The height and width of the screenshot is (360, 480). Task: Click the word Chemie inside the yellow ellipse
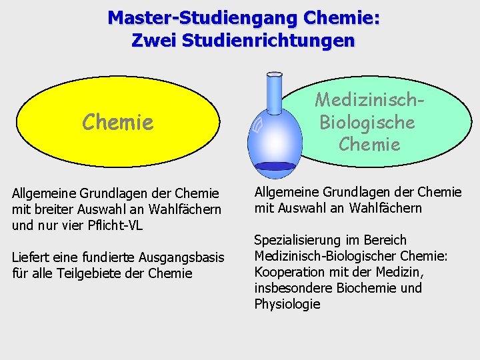pos(117,122)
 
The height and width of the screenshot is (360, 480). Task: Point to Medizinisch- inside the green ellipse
pos(370,100)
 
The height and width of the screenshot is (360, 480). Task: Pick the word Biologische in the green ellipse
pos(367,122)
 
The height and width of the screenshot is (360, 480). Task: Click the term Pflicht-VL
pos(116,225)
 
